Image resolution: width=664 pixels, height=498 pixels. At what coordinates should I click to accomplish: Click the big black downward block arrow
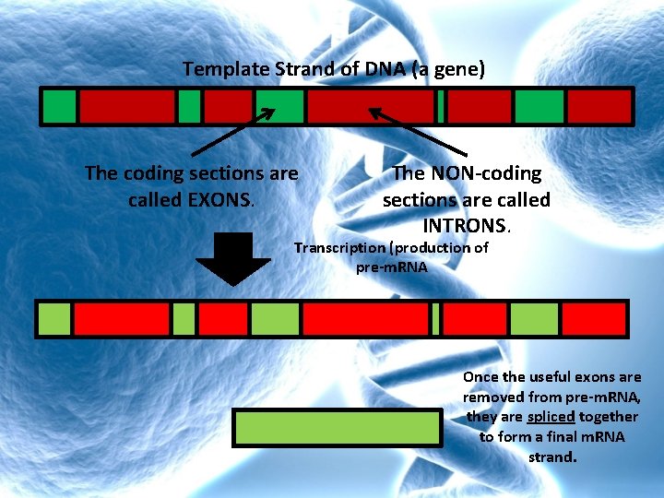pyautogui.click(x=238, y=258)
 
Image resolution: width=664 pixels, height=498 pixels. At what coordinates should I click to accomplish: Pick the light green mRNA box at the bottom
pyautogui.click(x=338, y=429)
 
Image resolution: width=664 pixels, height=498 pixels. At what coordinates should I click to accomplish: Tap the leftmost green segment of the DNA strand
pyautogui.click(x=59, y=107)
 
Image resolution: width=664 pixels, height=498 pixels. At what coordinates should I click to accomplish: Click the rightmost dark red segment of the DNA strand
pyautogui.click(x=599, y=107)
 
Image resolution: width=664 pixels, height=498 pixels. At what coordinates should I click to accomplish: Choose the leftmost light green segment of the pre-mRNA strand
pyautogui.click(x=53, y=319)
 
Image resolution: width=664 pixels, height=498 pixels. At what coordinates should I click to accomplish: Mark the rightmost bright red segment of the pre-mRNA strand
pyautogui.click(x=593, y=319)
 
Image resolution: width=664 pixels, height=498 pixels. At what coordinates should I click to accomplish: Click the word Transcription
pyautogui.click(x=339, y=248)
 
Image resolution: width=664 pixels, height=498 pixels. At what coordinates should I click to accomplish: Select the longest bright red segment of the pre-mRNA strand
pyautogui.click(x=365, y=319)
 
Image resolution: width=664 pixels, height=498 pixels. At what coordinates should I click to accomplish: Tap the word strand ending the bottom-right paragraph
pyautogui.click(x=551, y=456)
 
